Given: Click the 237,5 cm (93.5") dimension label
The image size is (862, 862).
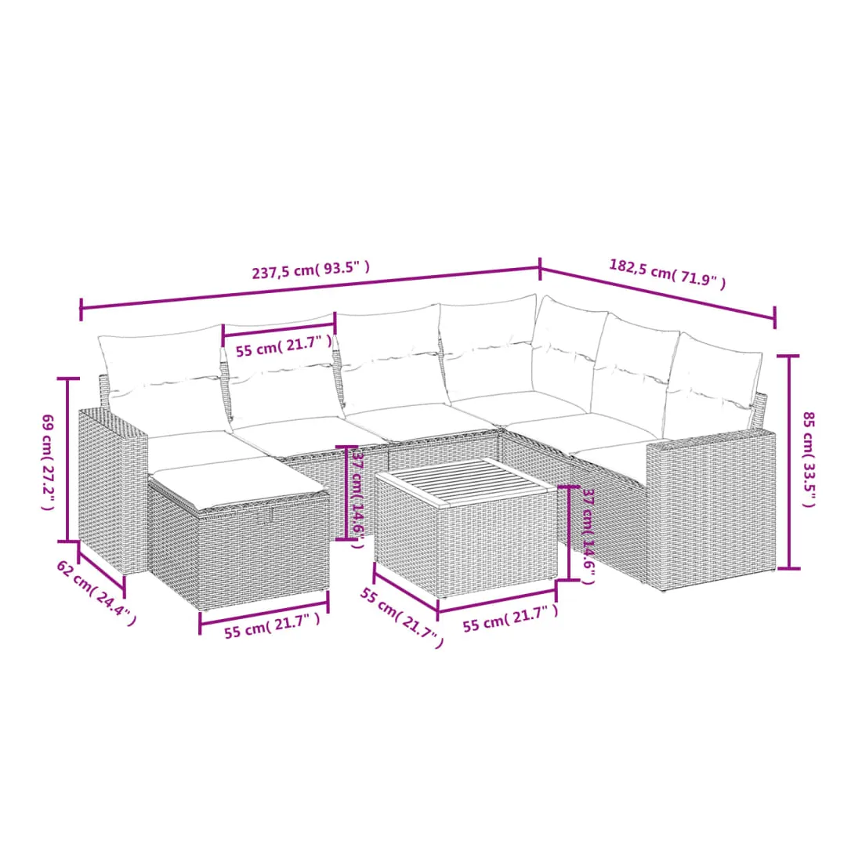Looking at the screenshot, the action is [x=310, y=270].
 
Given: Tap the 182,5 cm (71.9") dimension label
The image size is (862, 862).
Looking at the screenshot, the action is [x=667, y=273].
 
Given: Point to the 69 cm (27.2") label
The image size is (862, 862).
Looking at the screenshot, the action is [x=48, y=462].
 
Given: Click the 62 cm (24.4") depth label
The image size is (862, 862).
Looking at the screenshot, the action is [x=96, y=593].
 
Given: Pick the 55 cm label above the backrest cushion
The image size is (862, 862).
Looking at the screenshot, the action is [x=284, y=346].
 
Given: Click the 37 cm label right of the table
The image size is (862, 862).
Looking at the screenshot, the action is [x=589, y=537].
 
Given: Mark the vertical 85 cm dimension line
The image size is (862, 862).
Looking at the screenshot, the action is [x=789, y=462].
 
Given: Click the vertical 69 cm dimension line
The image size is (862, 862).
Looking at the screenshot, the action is [x=67, y=459].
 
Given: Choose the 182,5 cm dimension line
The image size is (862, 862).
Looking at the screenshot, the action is [x=657, y=294].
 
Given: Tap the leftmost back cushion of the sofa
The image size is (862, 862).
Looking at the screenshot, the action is [x=164, y=378].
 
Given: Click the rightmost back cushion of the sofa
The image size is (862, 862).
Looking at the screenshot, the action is [x=713, y=386].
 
